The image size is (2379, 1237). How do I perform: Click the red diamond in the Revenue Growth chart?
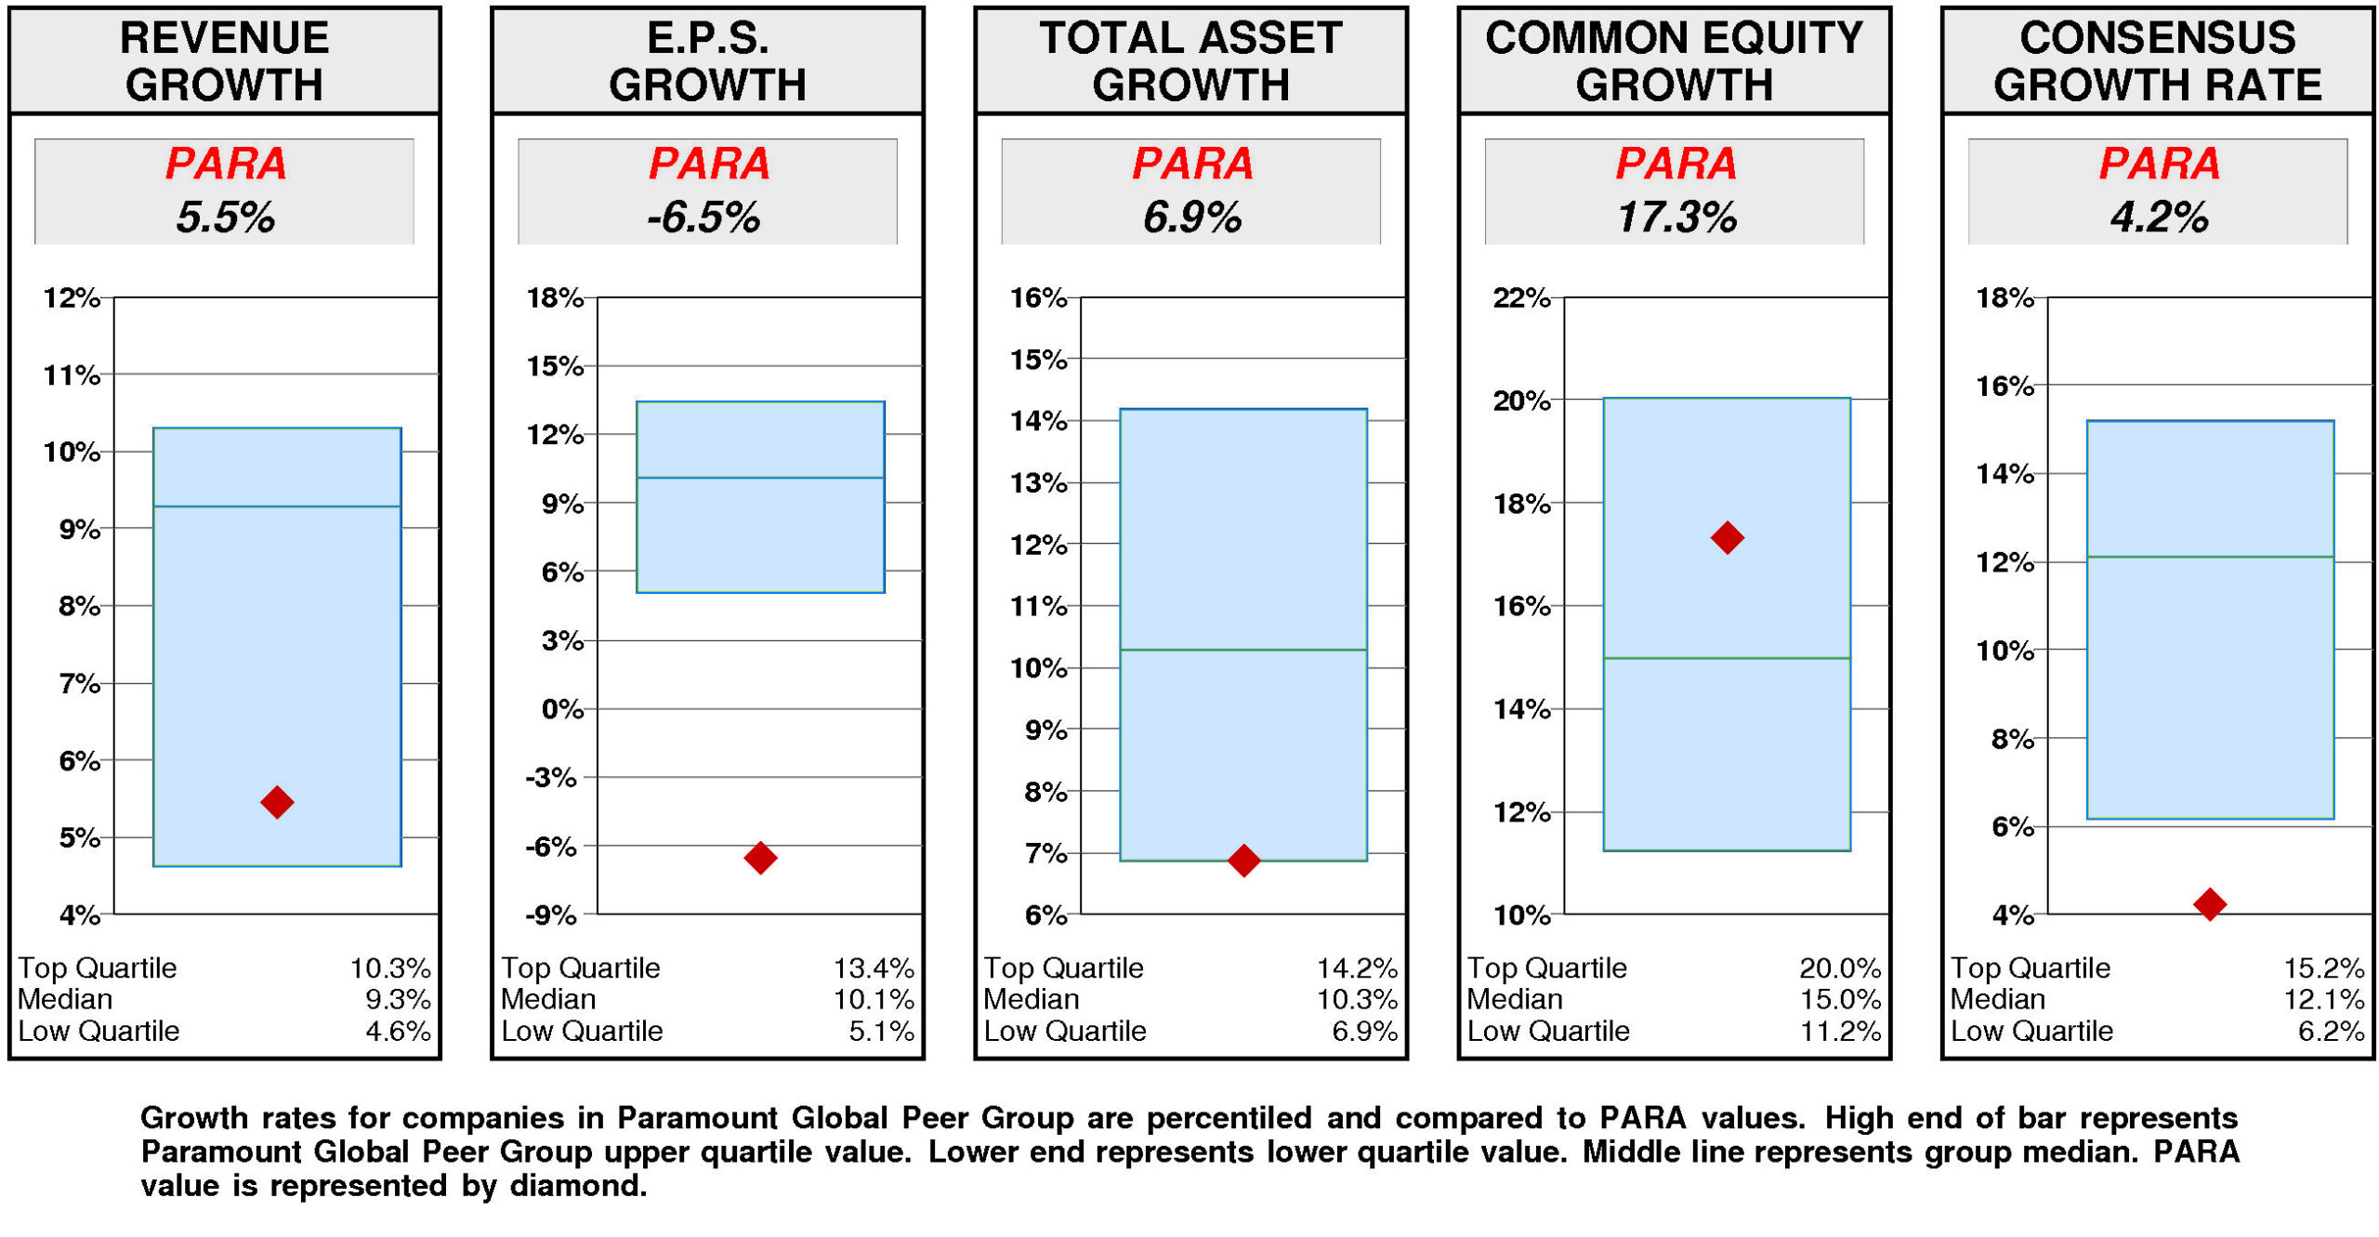tap(277, 801)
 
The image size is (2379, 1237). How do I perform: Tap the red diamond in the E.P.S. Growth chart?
tap(760, 857)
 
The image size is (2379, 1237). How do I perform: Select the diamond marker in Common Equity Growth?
tap(1727, 537)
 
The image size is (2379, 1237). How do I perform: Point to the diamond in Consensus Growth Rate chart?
tap(2209, 903)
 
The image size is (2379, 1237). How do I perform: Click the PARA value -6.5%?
tap(704, 217)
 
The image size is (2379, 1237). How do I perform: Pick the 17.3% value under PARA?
tap(1676, 217)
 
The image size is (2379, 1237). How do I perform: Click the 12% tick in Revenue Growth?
tap(72, 298)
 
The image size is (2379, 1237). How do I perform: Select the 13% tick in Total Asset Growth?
tap(1038, 483)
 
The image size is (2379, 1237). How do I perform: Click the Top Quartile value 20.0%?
tap(1839, 967)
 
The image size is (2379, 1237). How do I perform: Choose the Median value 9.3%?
tap(398, 999)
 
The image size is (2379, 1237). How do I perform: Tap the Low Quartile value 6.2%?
tap(2330, 1031)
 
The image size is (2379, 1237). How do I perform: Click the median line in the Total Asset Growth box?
tap(1243, 650)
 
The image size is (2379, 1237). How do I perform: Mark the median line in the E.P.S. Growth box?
tap(760, 478)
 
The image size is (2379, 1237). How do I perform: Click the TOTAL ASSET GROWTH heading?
tap(1190, 61)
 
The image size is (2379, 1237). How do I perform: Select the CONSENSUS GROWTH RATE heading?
tap(2157, 61)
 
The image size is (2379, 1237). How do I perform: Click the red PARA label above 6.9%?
tap(1192, 164)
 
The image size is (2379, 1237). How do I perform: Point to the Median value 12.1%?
tap(2323, 999)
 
